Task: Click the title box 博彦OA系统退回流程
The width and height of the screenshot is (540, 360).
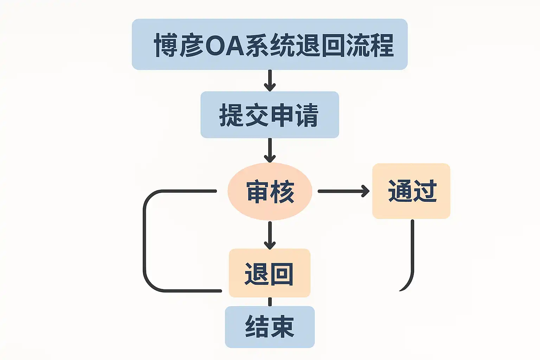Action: pos(270,44)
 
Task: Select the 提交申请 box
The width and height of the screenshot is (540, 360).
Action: pos(270,115)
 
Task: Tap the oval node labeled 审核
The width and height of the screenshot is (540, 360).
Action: pos(270,192)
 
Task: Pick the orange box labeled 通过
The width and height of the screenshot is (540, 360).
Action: pos(411,191)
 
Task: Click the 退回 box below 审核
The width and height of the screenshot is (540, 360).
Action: pos(270,273)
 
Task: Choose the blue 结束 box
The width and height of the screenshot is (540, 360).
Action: pos(270,327)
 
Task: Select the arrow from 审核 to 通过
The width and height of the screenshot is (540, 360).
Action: pos(343,191)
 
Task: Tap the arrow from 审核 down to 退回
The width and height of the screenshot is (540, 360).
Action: pos(270,235)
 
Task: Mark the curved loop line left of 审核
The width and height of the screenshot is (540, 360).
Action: pos(144,241)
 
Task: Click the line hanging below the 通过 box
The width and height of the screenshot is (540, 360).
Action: pos(412,253)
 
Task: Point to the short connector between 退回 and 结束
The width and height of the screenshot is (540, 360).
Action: pos(270,302)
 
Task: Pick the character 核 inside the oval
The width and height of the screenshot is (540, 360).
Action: pos(283,192)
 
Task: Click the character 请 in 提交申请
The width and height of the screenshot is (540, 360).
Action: pos(307,115)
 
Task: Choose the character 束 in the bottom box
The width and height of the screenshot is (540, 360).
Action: pos(282,327)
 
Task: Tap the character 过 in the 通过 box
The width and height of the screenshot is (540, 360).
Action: pos(425,191)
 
